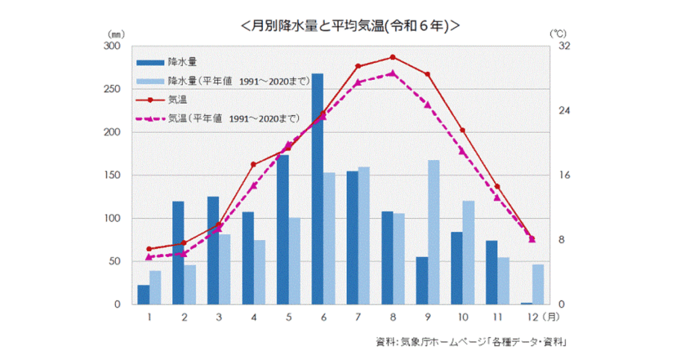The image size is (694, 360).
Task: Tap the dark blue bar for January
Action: (x=143, y=295)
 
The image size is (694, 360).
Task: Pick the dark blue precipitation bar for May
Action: (x=283, y=230)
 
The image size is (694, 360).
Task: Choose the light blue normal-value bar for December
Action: (x=538, y=284)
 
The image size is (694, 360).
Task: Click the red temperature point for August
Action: (x=392, y=57)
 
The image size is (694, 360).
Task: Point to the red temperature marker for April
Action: (x=253, y=165)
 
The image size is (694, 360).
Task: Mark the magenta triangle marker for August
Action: (x=392, y=73)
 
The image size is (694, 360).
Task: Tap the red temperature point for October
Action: (x=462, y=130)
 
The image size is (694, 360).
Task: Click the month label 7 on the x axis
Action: (x=358, y=317)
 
